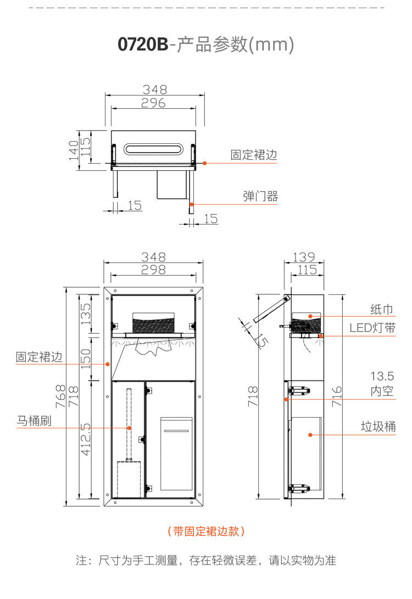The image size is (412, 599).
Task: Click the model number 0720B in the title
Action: pyautogui.click(x=143, y=44)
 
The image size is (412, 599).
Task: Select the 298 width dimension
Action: pyautogui.click(x=154, y=270)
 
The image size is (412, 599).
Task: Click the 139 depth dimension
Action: pyautogui.click(x=303, y=256)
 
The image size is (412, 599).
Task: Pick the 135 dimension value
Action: pyautogui.click(x=87, y=314)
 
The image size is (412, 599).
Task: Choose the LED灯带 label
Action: pyautogui.click(x=372, y=328)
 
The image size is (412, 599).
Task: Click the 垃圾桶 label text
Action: pyautogui.click(x=378, y=427)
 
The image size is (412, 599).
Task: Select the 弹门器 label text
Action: pyautogui.click(x=260, y=197)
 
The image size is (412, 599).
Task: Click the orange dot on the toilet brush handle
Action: pyautogui.click(x=129, y=428)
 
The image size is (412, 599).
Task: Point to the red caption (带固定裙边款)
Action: pyautogui.click(x=206, y=531)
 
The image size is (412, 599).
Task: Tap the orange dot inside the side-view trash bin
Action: pyautogui.click(x=310, y=435)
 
